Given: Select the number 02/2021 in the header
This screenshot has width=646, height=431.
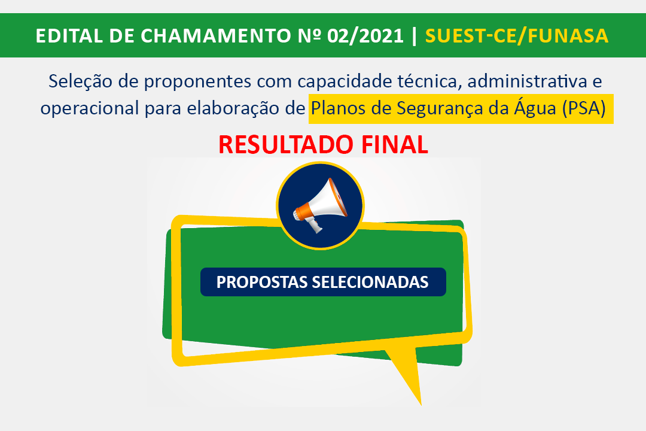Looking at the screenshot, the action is pos(365,36).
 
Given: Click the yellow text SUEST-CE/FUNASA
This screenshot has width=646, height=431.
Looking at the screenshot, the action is pos(517,36).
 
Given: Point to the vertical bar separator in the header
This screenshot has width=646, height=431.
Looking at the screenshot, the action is pos(415,36).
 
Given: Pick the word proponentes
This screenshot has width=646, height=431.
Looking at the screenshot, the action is pos(197,82).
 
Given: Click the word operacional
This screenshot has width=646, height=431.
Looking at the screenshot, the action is pos(89,109).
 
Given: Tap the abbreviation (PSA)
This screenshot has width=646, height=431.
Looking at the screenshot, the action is pos(584,108).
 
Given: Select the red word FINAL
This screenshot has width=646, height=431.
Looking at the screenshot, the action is pos(395,145).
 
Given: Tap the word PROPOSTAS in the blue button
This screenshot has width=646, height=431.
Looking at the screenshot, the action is pos(262,282).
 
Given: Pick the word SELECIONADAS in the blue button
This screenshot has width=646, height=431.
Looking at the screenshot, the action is pos(370,282).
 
